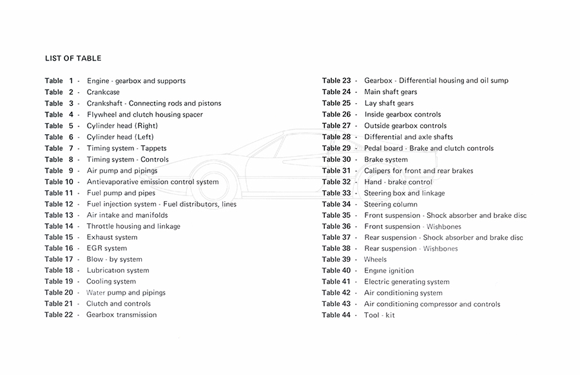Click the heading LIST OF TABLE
73,59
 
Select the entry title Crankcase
103,92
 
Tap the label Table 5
59,126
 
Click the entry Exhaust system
111,237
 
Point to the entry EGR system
106,248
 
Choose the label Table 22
59,315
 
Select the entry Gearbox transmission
121,315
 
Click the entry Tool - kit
380,315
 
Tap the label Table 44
336,315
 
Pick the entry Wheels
375,259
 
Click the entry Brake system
385,159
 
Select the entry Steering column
391,204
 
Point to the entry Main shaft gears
391,92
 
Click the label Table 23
336,81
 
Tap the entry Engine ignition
389,271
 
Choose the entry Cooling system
111,282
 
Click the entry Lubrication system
117,271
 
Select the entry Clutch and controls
119,304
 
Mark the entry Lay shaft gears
389,103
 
